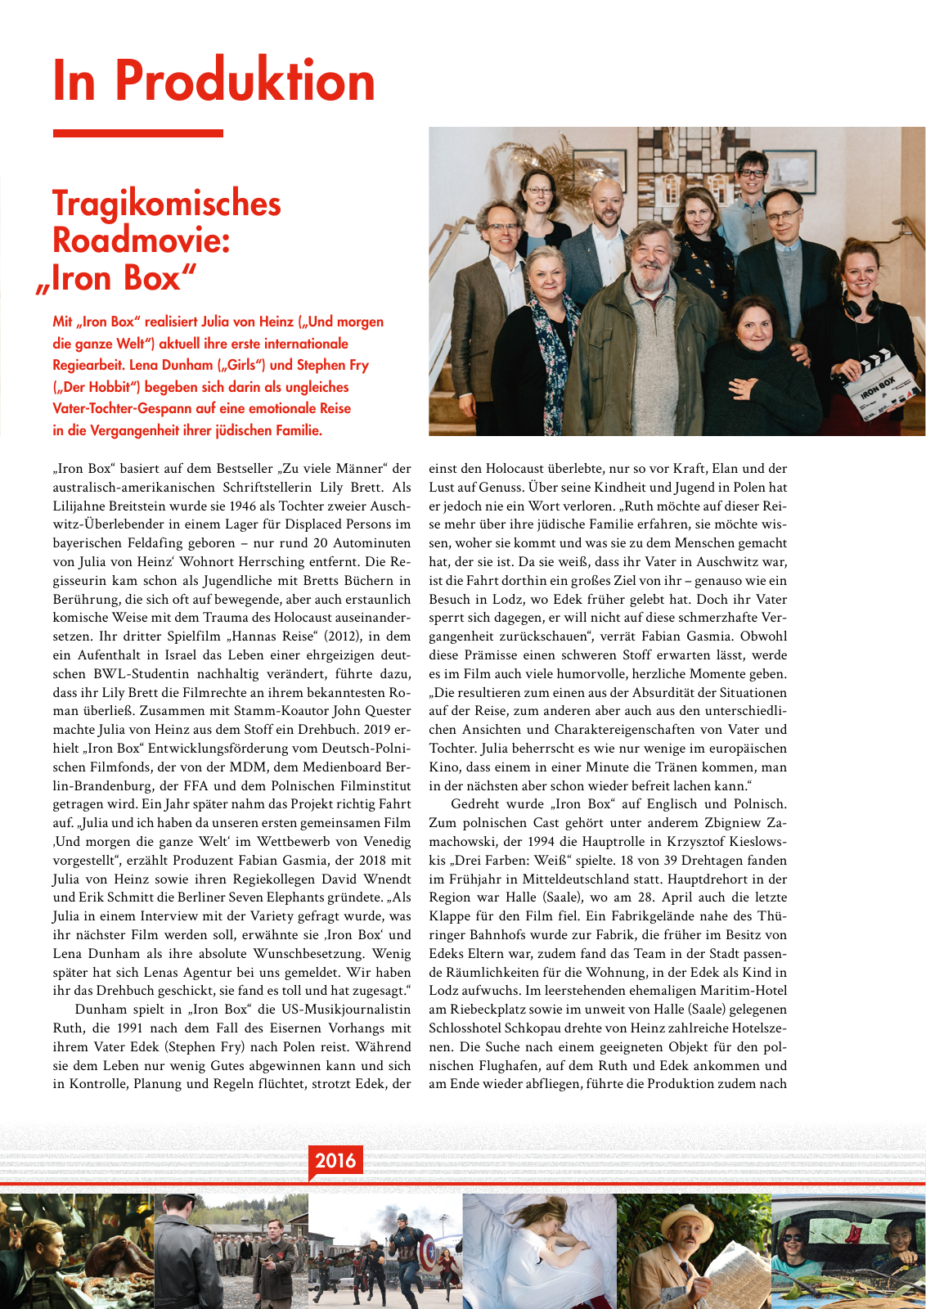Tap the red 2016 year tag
pyautogui.click(x=335, y=1160)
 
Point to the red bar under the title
pyautogui.click(x=137, y=133)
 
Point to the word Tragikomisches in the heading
pyautogui.click(x=167, y=204)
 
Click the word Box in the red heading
pyautogui.click(x=149, y=278)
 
